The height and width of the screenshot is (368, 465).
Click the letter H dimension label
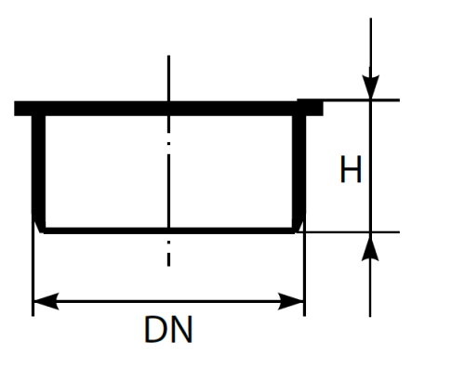pos(351,169)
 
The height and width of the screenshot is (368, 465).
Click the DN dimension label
pos(168,329)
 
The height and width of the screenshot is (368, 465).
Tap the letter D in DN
pos(156,329)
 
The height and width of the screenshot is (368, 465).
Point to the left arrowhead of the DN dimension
pos(46,301)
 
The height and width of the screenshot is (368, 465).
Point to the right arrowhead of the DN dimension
pos(291,301)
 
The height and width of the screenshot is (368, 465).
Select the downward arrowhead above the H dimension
pos(370,86)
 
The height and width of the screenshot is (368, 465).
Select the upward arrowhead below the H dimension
pos(370,246)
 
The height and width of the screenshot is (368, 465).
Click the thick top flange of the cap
pos(168,109)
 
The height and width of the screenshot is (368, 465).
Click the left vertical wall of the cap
pos(39,164)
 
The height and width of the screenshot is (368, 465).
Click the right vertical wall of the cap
pos(299,164)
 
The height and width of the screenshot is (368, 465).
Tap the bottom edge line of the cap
pos(169,230)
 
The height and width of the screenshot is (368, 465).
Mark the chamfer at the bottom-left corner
pos(39,222)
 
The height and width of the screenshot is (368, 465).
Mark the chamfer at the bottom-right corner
pos(299,222)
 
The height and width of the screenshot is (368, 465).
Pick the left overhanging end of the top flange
pos(23,109)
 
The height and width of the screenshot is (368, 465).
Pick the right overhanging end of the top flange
pos(314,109)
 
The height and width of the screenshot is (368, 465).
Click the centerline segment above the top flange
pos(168,78)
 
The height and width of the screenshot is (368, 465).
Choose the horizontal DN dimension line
pos(168,301)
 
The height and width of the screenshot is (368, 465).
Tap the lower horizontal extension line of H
pos(348,231)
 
